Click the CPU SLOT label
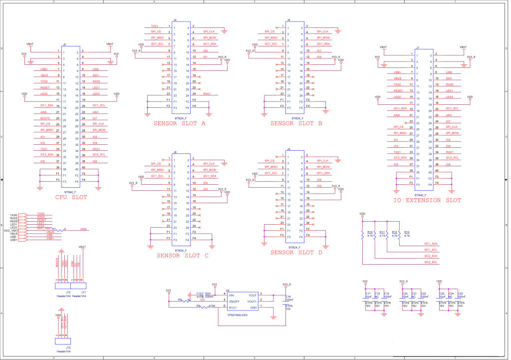pos(71,197)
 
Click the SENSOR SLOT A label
pos(179,123)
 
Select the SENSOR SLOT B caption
pos(296,123)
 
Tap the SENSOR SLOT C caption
pos(182,255)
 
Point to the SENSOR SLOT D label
pos(296,253)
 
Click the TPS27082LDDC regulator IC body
pos(243,302)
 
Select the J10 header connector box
pos(62,286)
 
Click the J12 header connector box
pos(62,341)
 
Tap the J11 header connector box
pos(78,286)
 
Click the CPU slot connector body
pos(70,114)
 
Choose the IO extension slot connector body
pos(424,119)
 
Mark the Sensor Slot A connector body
pos(181,67)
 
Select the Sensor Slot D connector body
pos(294,196)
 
